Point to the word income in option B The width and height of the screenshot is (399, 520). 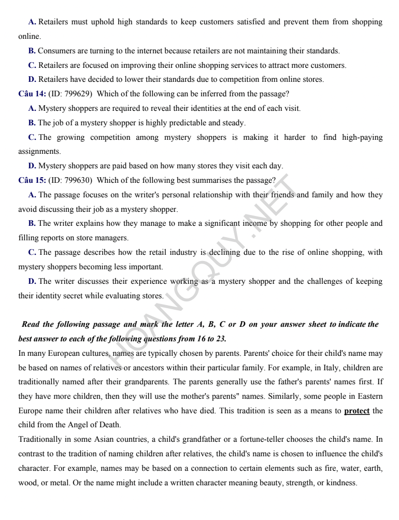(x=268, y=223)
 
